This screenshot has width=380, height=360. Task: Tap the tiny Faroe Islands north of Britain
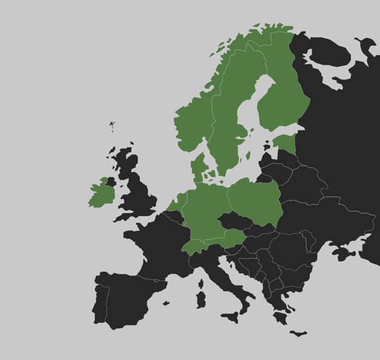click(x=112, y=125)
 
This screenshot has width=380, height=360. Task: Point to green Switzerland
click(x=192, y=246)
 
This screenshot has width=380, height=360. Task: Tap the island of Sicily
click(x=231, y=316)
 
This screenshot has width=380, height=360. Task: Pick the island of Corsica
click(x=201, y=283)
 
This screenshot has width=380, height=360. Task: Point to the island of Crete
click(x=298, y=333)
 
